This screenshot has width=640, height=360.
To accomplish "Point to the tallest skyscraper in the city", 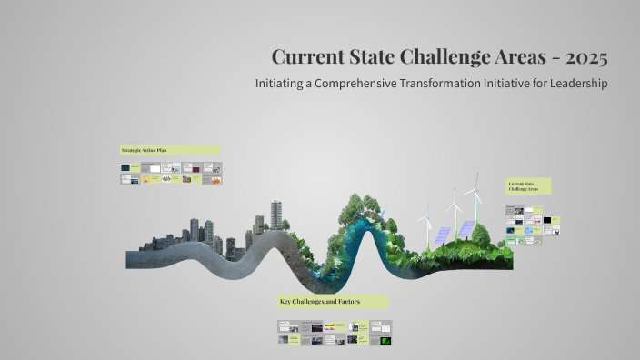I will [x=276, y=215].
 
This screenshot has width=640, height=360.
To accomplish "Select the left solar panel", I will [x=441, y=235].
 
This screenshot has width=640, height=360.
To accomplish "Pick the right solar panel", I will [x=465, y=228].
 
